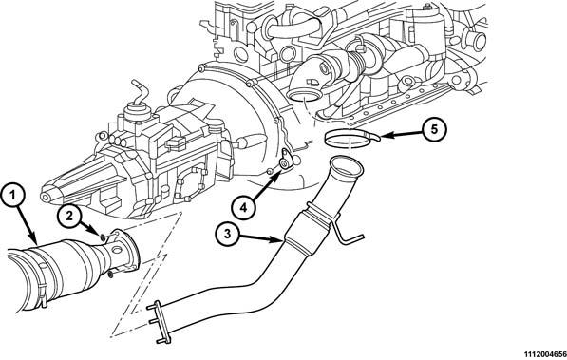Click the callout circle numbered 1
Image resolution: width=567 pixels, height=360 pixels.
click(x=13, y=197)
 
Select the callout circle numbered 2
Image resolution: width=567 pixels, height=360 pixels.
click(x=68, y=217)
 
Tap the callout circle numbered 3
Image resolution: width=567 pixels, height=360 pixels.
click(x=227, y=234)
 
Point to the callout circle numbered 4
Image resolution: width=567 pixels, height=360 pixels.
click(x=243, y=207)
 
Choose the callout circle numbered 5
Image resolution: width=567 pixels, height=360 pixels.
click(x=435, y=129)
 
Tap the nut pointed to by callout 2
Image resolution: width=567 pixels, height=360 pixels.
click(x=104, y=237)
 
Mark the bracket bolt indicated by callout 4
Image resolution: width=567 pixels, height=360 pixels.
click(x=285, y=164)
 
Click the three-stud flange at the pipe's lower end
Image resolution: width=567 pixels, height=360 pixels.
click(x=161, y=322)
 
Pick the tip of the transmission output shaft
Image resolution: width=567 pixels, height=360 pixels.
click(x=46, y=198)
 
